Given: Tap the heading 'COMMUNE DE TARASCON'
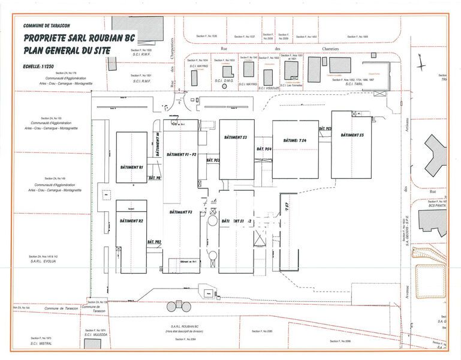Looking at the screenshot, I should (47, 26).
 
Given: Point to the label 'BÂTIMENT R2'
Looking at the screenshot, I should (131, 221).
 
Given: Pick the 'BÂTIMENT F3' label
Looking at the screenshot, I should (180, 212).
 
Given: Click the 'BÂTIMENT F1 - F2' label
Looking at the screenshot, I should (183, 155).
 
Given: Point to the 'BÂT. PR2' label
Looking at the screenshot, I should (154, 242).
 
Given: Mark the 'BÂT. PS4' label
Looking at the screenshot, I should (264, 148).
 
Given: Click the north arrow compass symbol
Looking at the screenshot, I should (423, 61).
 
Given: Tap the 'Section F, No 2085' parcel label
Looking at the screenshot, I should (261, 331).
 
